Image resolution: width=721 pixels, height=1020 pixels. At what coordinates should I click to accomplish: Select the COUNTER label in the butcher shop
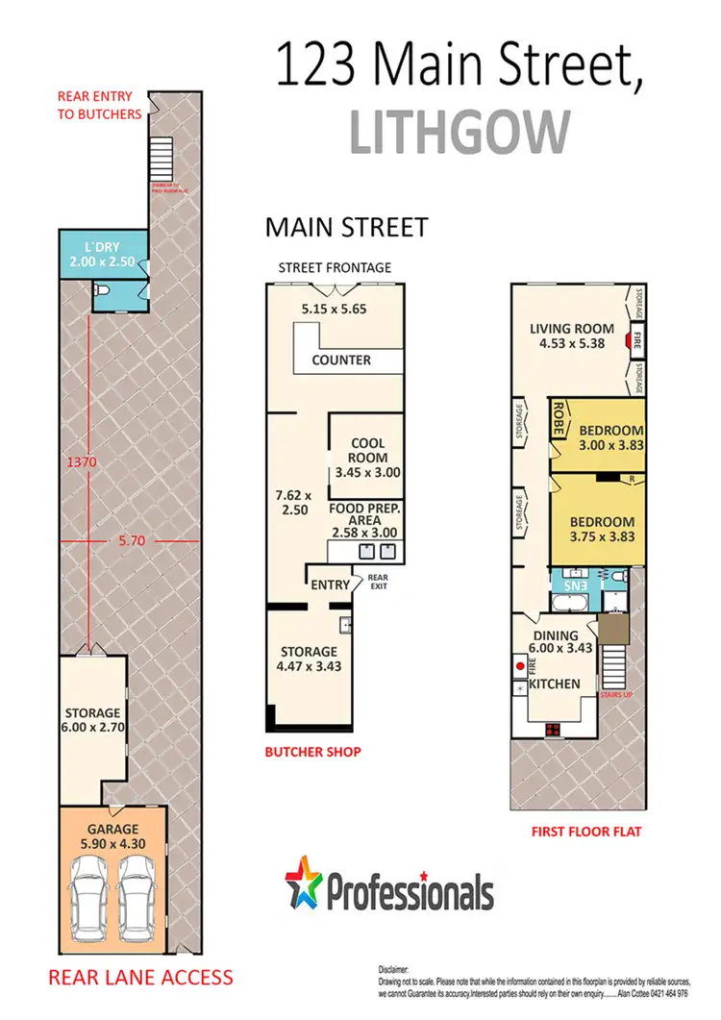341,361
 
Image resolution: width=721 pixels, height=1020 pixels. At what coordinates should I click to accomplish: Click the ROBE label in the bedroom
558,419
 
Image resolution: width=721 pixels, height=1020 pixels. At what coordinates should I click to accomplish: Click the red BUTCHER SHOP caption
312,751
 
